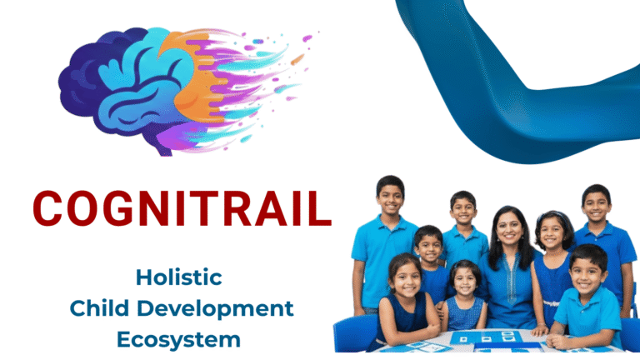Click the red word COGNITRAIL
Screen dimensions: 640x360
(182, 208)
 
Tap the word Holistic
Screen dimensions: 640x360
(179, 277)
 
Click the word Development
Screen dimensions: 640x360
(215, 309)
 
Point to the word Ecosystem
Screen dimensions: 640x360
(178, 340)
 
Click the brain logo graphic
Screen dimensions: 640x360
(183, 91)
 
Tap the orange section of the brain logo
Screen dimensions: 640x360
(192, 82)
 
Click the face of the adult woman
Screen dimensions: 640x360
(509, 227)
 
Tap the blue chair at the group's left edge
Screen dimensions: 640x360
(354, 332)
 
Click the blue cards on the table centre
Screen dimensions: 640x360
(486, 337)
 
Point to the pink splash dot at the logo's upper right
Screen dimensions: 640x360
(307, 38)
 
